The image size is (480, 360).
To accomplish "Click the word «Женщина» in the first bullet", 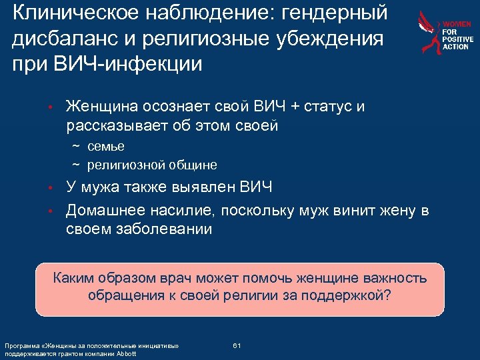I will [x=104, y=107].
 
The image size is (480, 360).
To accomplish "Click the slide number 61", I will [x=237, y=345].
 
